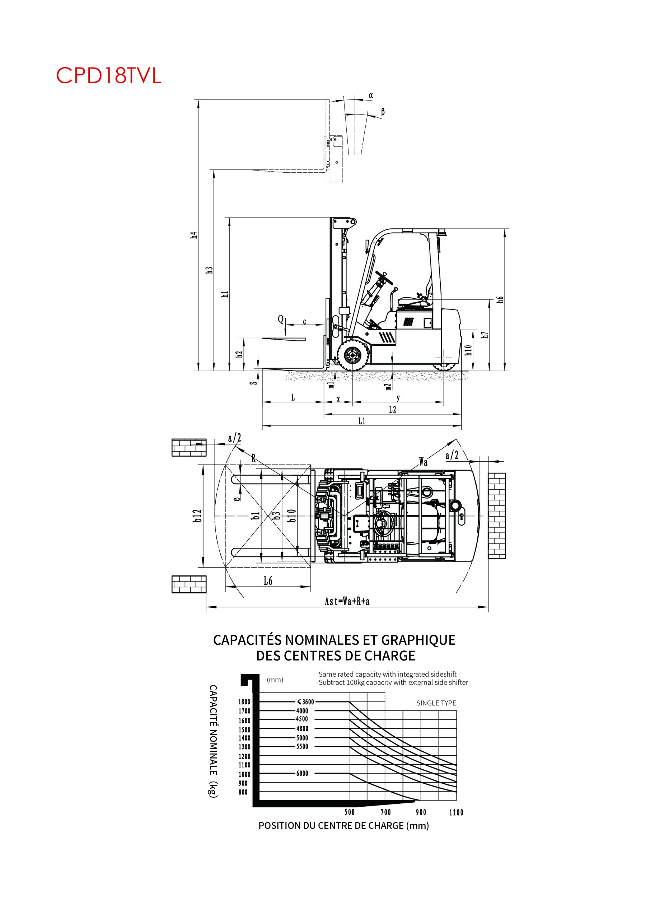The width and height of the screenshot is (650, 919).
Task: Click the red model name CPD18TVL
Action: point(108,75)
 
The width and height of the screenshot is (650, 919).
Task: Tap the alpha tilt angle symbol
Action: point(371,95)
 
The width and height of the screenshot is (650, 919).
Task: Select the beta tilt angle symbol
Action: point(383,112)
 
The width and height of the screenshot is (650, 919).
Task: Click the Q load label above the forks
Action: point(281,319)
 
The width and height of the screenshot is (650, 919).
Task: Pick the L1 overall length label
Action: point(362,421)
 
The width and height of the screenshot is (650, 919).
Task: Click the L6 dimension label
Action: point(268,581)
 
